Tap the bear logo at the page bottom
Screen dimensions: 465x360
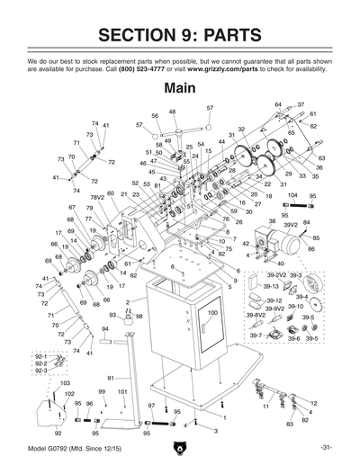180,447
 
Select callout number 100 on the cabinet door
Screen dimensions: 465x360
212,312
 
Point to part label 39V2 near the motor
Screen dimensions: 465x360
291,225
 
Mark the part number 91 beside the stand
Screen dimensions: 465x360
111,378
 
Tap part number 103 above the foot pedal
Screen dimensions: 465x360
65,383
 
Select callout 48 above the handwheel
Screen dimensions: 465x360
172,112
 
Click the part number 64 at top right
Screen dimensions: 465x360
278,104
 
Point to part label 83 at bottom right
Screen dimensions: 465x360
290,423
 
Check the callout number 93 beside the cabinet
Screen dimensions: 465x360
112,315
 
